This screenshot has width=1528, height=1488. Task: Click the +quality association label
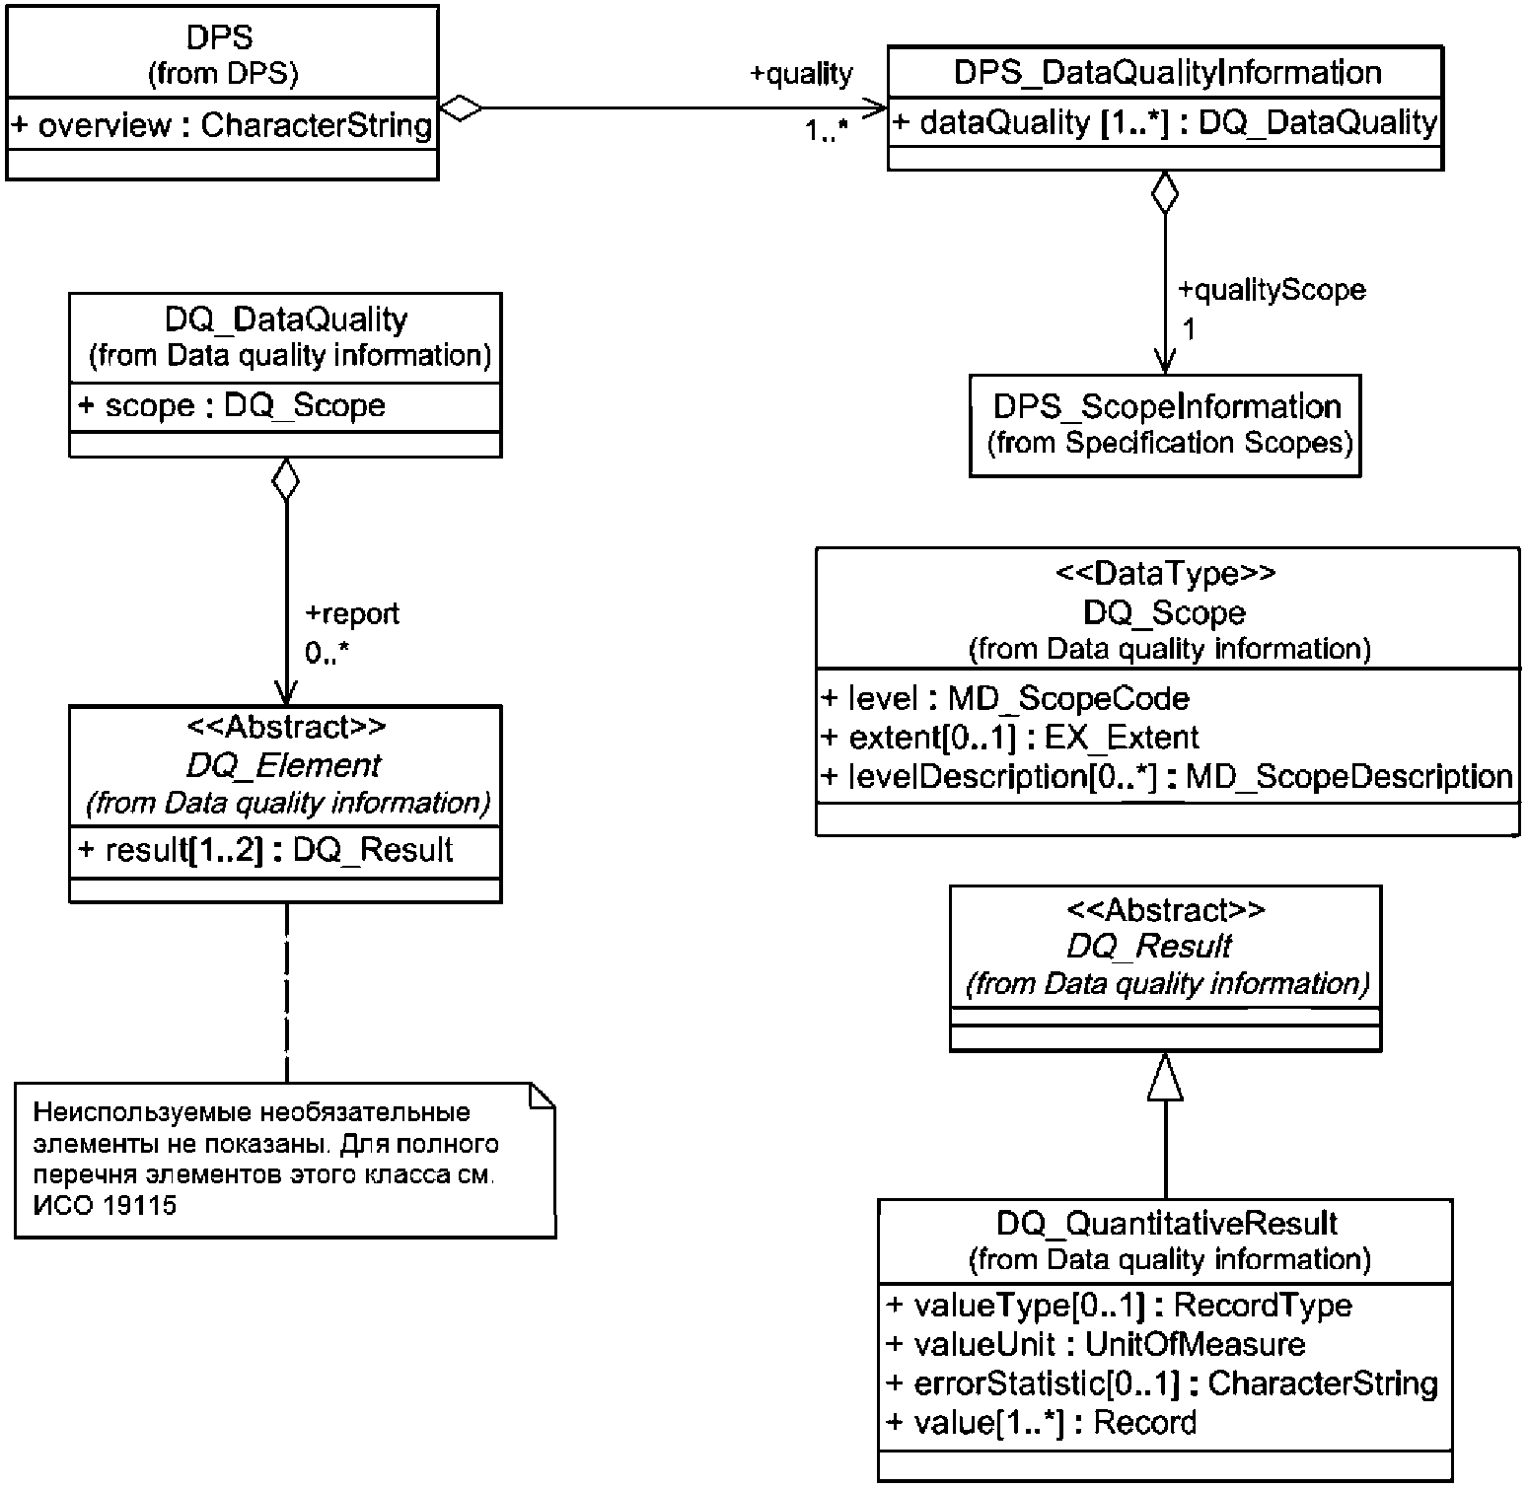(801, 74)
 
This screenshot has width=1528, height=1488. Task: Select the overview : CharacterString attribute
(222, 125)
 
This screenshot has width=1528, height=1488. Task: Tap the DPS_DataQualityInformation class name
(1167, 72)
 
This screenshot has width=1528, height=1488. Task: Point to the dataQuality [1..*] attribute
(1165, 122)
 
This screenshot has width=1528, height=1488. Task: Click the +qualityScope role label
(1273, 289)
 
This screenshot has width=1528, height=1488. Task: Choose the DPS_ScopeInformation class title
(1167, 406)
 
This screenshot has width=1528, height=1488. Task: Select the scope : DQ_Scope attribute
(231, 405)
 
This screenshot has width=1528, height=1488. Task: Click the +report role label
(352, 613)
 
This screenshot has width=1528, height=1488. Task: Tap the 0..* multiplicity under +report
(327, 653)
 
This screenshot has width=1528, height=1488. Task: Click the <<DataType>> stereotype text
(1165, 573)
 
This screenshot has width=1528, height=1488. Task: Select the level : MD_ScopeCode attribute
(1005, 698)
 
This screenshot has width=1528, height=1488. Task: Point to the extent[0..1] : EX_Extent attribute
(1010, 737)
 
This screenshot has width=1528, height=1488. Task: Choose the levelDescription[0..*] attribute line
(1167, 776)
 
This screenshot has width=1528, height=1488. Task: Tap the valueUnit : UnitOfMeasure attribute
(1095, 1343)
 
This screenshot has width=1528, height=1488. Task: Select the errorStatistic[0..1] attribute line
(1161, 1382)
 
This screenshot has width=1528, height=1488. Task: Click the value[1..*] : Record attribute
(1041, 1422)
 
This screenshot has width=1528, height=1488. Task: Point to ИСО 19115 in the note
(105, 1205)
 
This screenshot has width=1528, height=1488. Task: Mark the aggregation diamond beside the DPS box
(461, 107)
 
